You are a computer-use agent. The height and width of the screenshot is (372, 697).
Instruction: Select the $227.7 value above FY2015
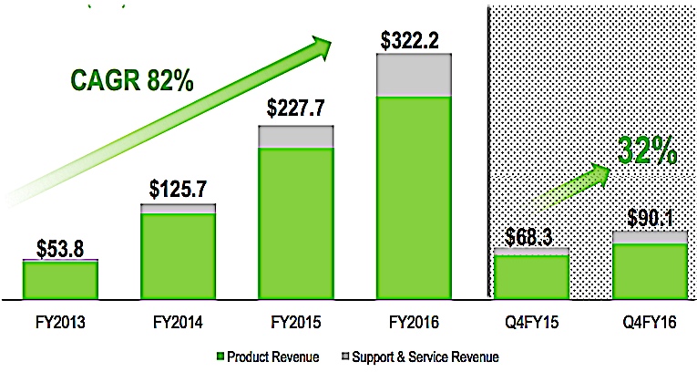click(297, 108)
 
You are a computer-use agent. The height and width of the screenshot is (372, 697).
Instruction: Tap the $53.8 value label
click(60, 247)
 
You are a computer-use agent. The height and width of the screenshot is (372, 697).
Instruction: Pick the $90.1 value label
click(650, 219)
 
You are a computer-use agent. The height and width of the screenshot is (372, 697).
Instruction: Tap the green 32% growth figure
click(646, 150)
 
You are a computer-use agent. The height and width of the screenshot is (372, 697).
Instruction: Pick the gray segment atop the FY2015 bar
click(297, 136)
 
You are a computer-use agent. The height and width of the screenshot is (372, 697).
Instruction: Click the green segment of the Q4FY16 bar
click(649, 270)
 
